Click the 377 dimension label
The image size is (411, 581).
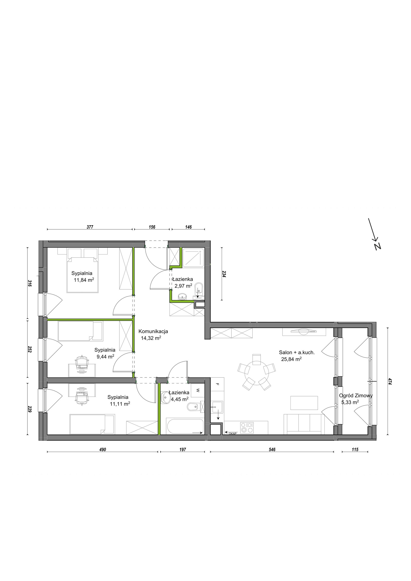click(90, 227)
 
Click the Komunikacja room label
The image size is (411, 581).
click(153, 331)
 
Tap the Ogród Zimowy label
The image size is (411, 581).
click(356, 395)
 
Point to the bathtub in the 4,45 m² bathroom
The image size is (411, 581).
click(185, 426)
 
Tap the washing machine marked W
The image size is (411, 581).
click(198, 391)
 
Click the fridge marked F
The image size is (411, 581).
click(217, 384)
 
